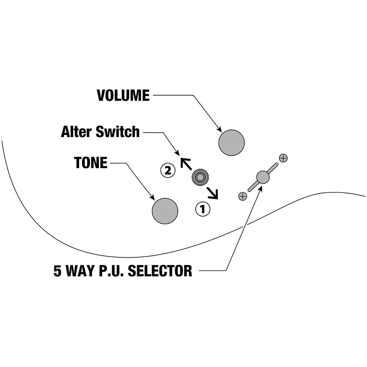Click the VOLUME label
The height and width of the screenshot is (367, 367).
(123, 95)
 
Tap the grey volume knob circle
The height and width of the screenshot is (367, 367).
(231, 143)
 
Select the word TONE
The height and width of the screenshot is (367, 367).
(91, 163)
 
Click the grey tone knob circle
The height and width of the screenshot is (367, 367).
(165, 211)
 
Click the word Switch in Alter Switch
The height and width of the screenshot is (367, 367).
(117, 132)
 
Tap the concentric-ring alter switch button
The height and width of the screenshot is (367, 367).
(200, 177)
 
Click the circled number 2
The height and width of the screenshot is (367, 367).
(167, 171)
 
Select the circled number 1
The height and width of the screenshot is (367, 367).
(203, 209)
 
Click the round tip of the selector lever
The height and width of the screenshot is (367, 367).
(263, 177)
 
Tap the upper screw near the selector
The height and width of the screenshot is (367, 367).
(283, 158)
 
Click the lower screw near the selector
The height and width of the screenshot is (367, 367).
(243, 196)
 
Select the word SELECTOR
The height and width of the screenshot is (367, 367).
(160, 271)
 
